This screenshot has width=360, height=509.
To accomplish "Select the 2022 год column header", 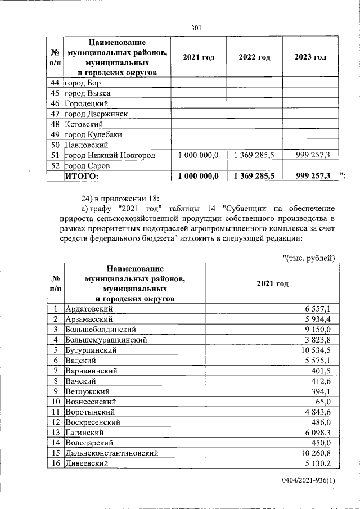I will (254, 57).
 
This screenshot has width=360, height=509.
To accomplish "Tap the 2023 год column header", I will (310, 57).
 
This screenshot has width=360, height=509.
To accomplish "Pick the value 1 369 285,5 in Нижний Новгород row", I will (254, 155).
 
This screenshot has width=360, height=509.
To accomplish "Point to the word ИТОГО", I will (82, 176).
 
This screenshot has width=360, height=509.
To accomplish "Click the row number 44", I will (55, 83).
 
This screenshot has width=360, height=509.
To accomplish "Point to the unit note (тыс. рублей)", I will (308, 258).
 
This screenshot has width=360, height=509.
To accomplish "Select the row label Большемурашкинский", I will (106, 340).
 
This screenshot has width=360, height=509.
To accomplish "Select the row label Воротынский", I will (90, 412).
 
